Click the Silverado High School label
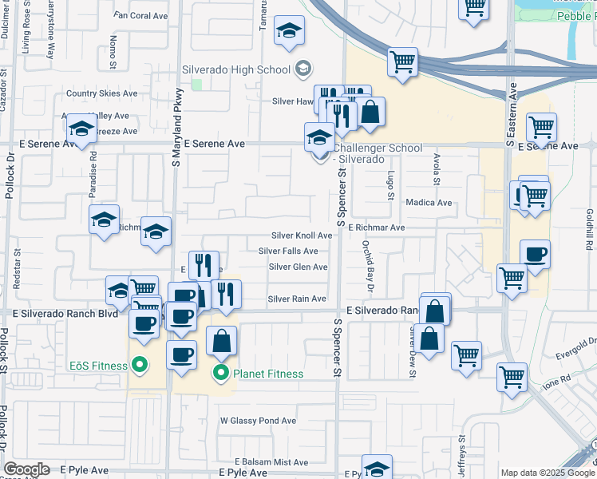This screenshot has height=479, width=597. click(235, 69)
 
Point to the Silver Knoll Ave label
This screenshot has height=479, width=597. click(302, 236)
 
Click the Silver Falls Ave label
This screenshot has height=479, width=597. click(288, 251)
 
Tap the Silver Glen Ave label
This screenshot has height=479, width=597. click(298, 267)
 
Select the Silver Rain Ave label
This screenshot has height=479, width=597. click(297, 299)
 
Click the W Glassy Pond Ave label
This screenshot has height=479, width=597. click(258, 421)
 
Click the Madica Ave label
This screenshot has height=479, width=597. click(428, 203)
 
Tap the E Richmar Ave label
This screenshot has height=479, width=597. click(377, 228)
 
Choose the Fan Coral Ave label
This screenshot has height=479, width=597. click(141, 15)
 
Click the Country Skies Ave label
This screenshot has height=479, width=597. click(102, 93)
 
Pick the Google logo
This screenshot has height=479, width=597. click(26, 469)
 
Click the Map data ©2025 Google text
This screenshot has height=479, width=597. click(547, 473)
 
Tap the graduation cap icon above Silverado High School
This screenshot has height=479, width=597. click(289, 31)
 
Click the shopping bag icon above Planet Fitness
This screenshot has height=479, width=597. click(222, 341)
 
